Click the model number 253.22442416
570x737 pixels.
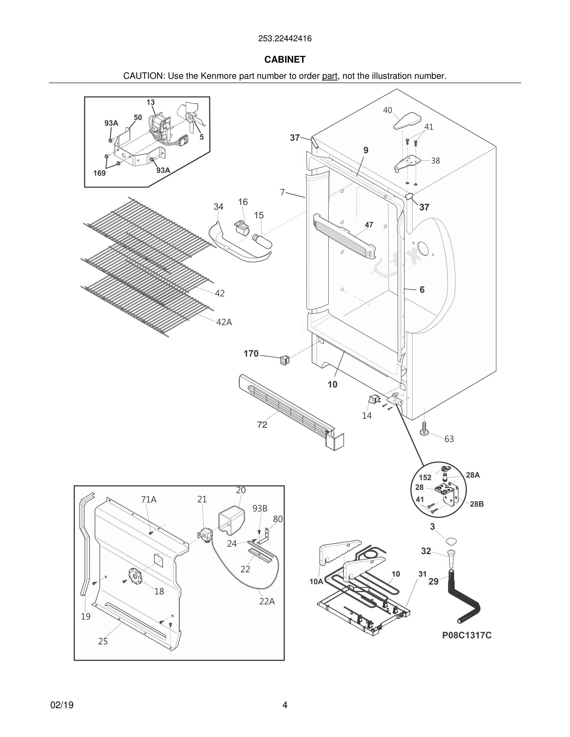[x=285, y=38]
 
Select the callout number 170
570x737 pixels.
[x=251, y=354]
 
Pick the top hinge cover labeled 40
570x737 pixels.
[x=408, y=121]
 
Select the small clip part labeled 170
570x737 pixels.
[x=285, y=361]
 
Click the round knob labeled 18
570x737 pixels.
[x=135, y=576]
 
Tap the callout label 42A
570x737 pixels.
[x=224, y=322]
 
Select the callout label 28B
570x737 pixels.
[x=477, y=504]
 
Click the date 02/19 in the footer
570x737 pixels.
[x=62, y=705]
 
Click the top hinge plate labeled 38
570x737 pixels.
[x=408, y=163]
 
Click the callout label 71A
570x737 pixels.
[x=149, y=499]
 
